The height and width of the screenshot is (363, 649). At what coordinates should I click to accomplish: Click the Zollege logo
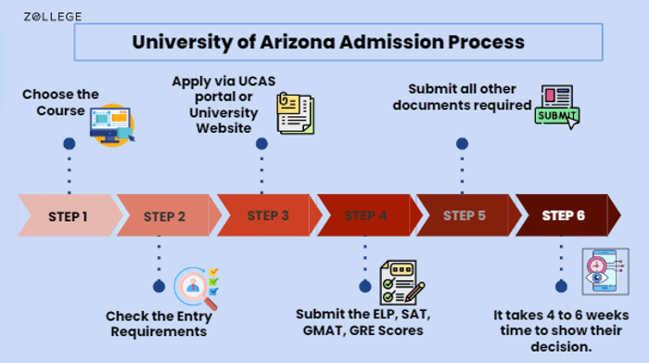53,16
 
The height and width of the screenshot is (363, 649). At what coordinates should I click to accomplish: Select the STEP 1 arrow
68,216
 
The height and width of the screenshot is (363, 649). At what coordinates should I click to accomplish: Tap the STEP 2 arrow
164,216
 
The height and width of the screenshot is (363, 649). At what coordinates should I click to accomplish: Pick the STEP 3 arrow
266,216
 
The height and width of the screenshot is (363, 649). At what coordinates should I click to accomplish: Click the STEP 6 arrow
564,216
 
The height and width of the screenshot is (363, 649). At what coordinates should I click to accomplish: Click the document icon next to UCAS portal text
295,112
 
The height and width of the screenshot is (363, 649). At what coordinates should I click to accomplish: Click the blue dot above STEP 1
69,144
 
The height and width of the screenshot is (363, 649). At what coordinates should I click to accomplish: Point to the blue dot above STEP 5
462,144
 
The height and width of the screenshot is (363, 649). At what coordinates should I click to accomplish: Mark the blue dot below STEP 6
561,285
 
